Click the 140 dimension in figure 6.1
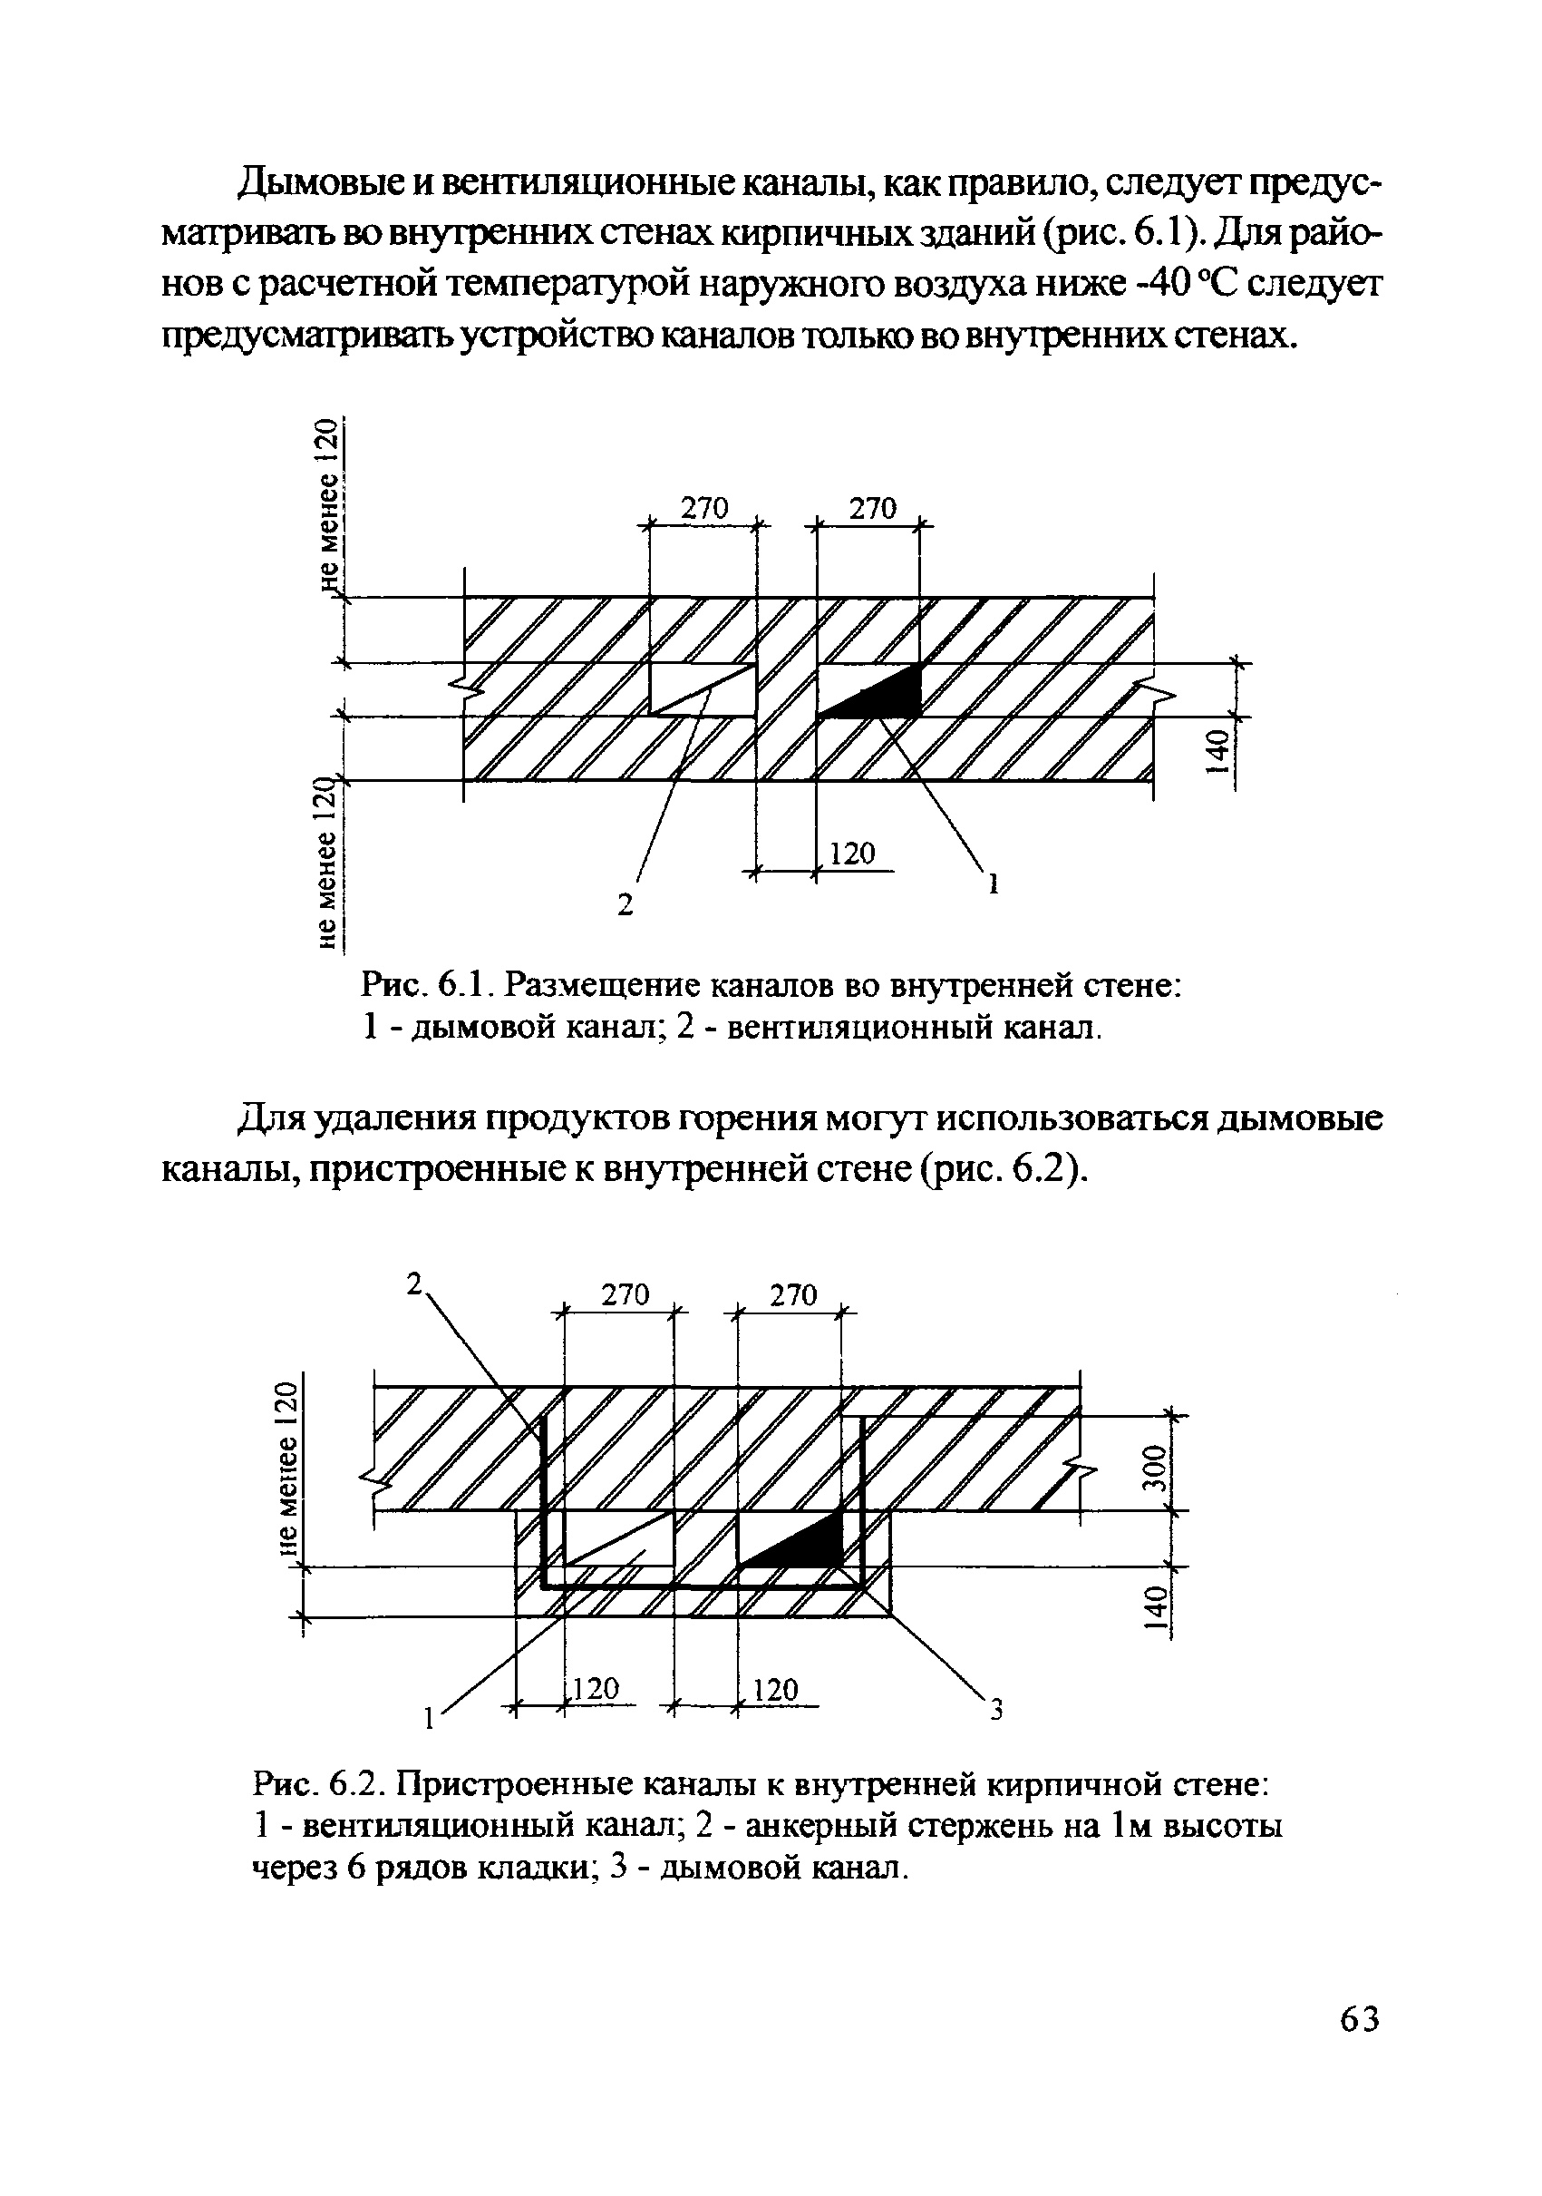point(1216,754)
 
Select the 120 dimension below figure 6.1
point(852,853)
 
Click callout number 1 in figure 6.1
point(993,883)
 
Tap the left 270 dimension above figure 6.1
point(703,508)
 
